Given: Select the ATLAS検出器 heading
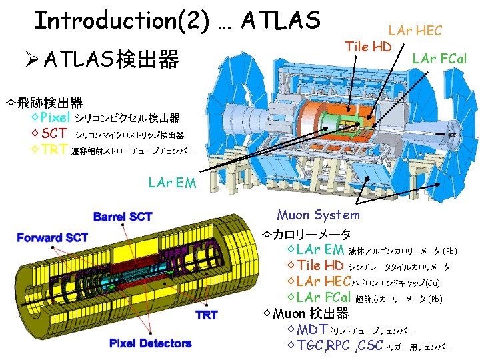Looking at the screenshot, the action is click(x=111, y=61).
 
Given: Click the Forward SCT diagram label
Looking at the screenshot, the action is click(x=53, y=237).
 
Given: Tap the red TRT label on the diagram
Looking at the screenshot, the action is click(x=206, y=315).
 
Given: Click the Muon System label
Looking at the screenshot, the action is click(x=318, y=215).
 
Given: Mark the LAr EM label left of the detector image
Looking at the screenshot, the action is click(x=173, y=181).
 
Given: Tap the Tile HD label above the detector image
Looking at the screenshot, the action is click(x=369, y=46).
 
